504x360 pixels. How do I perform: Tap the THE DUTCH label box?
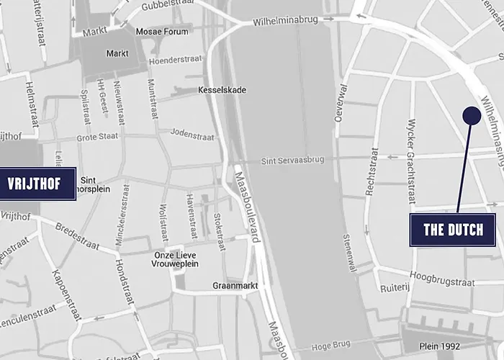point(453,230)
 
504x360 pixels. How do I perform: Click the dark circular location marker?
point(472,114)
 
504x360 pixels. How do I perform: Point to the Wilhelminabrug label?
point(285,22)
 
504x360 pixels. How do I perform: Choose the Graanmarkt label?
point(232,285)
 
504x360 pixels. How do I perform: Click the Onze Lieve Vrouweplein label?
point(176,259)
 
